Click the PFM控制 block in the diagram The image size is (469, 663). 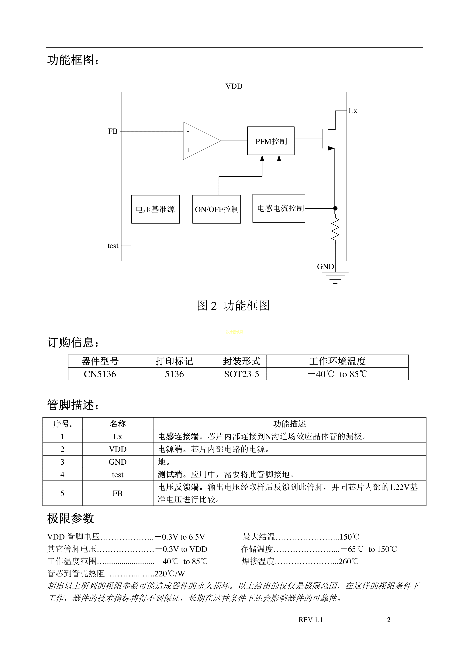point(271,141)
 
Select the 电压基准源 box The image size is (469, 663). point(155,209)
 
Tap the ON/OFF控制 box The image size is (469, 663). point(216,209)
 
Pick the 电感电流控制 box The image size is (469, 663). point(279,208)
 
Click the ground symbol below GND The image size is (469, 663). point(335,277)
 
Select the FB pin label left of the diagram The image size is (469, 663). point(113,131)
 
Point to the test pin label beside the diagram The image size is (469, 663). point(113,246)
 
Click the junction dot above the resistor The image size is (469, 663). point(335,208)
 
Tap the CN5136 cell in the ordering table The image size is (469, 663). point(100,374)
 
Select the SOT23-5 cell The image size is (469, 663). point(242,374)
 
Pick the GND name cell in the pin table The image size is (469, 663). point(118,462)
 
